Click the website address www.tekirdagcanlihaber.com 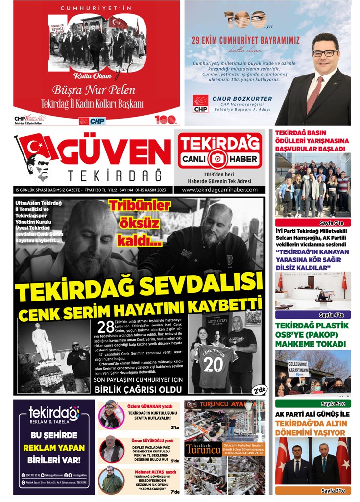coord(219,190)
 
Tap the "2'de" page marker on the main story coord(260,390)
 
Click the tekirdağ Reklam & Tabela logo coord(54,416)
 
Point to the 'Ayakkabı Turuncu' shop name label coord(203,449)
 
